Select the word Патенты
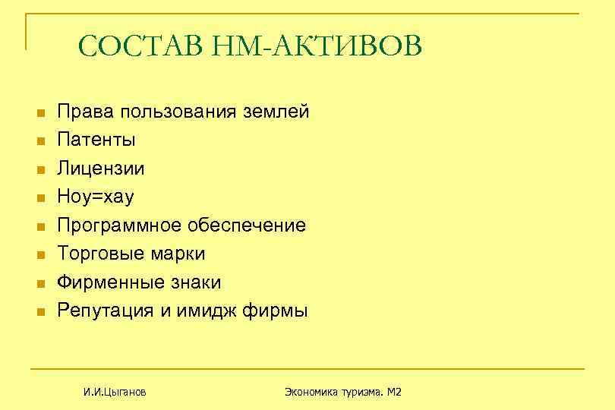tap(97, 140)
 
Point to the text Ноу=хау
tap(96, 197)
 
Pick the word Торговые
tap(102, 254)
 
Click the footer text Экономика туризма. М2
tap(342, 392)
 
